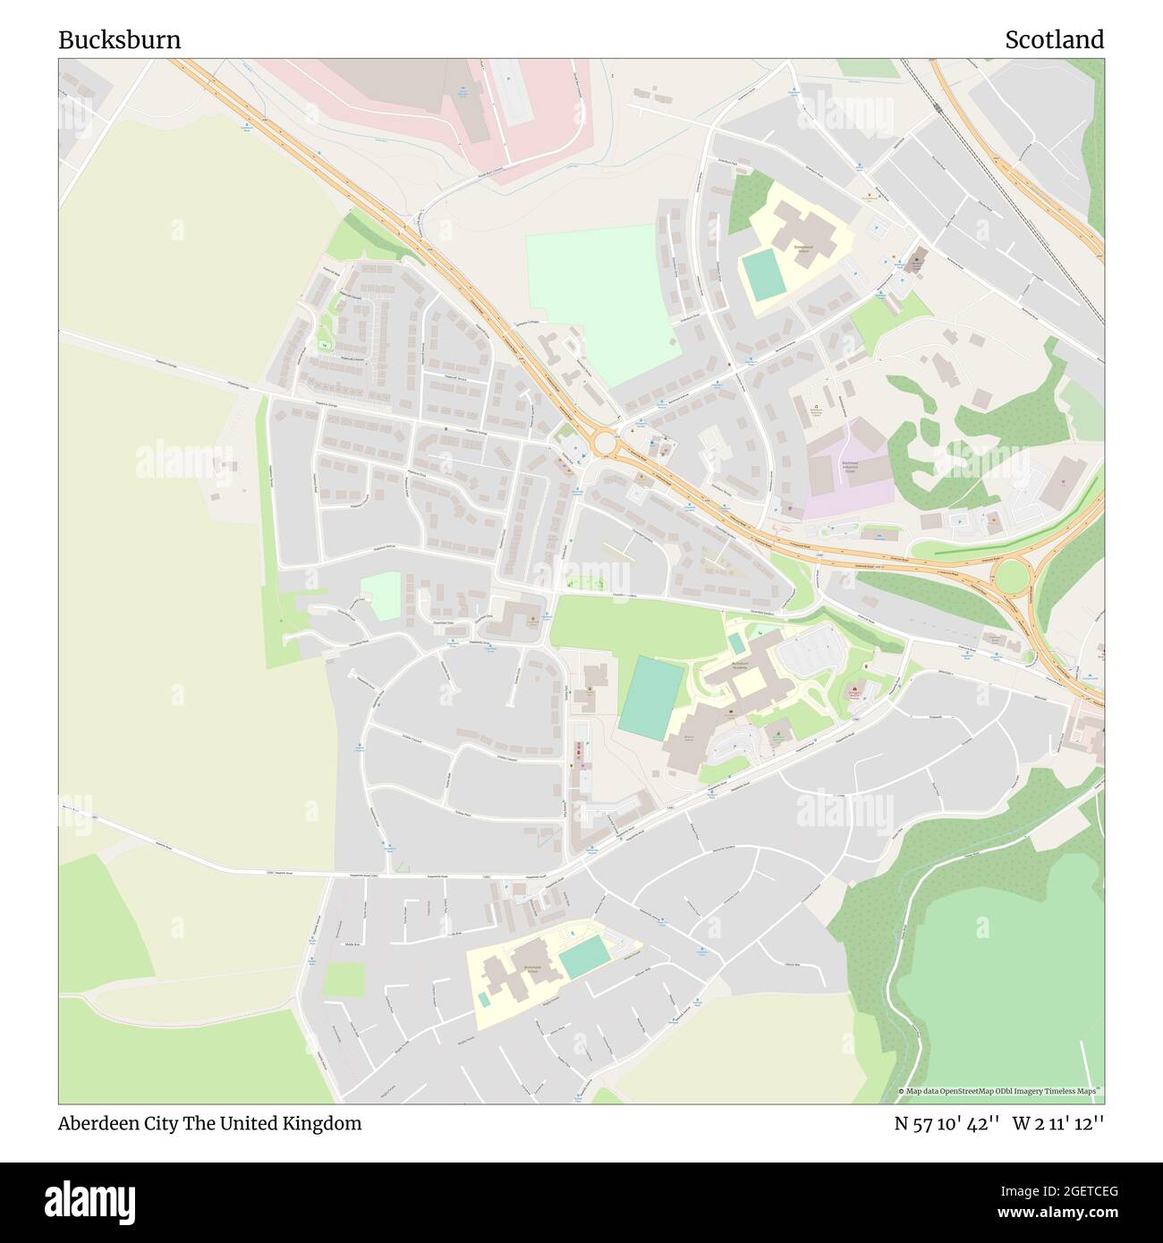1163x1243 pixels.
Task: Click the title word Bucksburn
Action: pyautogui.click(x=120, y=40)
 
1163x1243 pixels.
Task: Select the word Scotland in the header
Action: pyautogui.click(x=1054, y=40)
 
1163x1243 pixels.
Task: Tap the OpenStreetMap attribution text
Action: pyautogui.click(x=1002, y=1092)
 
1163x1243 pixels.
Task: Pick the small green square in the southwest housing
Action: pyautogui.click(x=344, y=979)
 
